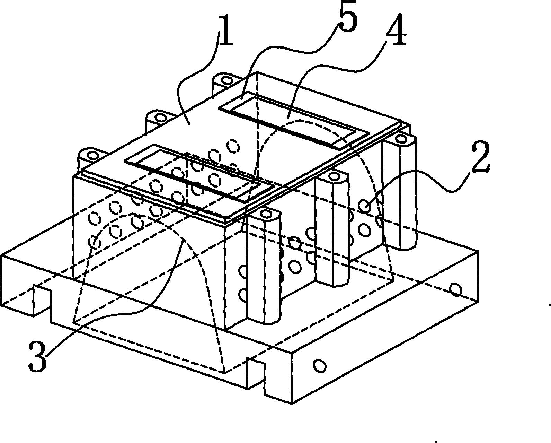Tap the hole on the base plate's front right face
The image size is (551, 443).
tap(320, 366)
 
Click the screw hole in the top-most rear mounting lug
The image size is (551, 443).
tap(225, 80)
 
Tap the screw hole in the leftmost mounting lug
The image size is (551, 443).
tap(93, 155)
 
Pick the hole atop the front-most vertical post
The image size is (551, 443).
tap(266, 213)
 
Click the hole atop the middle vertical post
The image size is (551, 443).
tap(333, 176)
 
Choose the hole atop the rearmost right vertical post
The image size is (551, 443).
tap(401, 140)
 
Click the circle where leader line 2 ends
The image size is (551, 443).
tap(365, 206)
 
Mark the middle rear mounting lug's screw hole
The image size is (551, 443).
tap(161, 118)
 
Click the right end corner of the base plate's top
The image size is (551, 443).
tap(478, 252)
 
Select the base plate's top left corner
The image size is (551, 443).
tap(1, 255)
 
